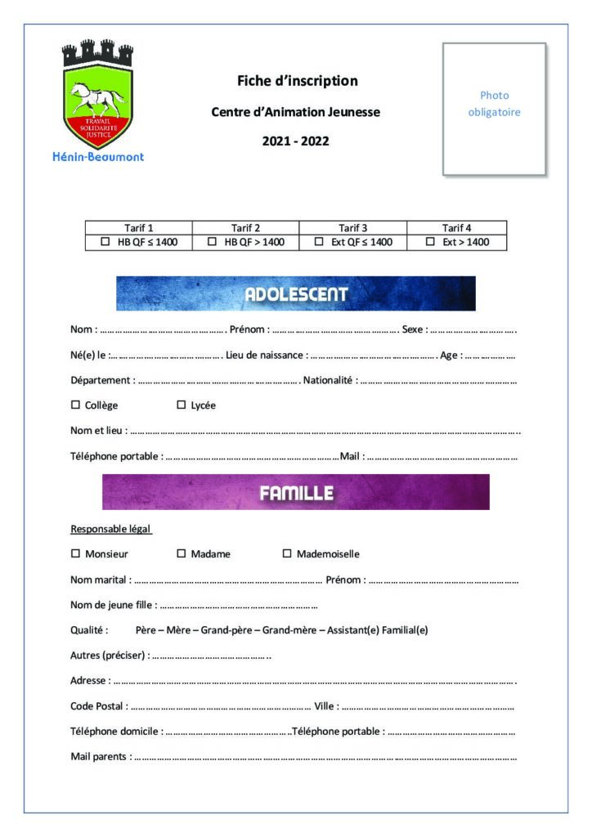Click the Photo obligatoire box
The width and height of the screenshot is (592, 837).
pyautogui.click(x=494, y=109)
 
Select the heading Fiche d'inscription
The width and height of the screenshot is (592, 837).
pyautogui.click(x=297, y=81)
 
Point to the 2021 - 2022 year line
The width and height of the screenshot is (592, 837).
pyautogui.click(x=295, y=141)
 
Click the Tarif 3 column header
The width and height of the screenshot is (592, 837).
pyautogui.click(x=352, y=228)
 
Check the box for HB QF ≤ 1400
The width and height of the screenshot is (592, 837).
pyautogui.click(x=105, y=242)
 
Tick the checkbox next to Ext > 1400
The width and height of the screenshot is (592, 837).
pyautogui.click(x=430, y=242)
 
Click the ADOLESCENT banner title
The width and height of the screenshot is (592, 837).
pyautogui.click(x=296, y=294)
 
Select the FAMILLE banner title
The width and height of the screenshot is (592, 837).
pyautogui.click(x=296, y=493)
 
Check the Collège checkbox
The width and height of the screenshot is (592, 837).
pyautogui.click(x=76, y=405)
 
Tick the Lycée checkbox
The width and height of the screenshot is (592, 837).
pyautogui.click(x=182, y=405)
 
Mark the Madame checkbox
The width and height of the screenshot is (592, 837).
pyautogui.click(x=182, y=553)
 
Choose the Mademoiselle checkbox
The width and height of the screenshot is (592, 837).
pyautogui.click(x=287, y=553)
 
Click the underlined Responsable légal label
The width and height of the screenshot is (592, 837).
pyautogui.click(x=111, y=528)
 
